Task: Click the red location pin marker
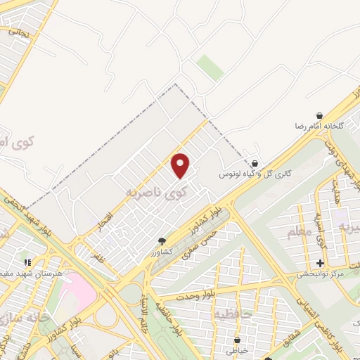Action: click(x=181, y=166)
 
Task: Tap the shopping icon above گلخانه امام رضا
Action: click(x=320, y=115)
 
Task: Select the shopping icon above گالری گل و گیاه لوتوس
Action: click(x=254, y=162)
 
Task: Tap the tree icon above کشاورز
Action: click(x=162, y=240)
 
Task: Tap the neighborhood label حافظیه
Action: click(x=231, y=311)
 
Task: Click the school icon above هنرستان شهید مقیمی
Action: click(x=27, y=262)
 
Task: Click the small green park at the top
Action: click(x=210, y=67)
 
